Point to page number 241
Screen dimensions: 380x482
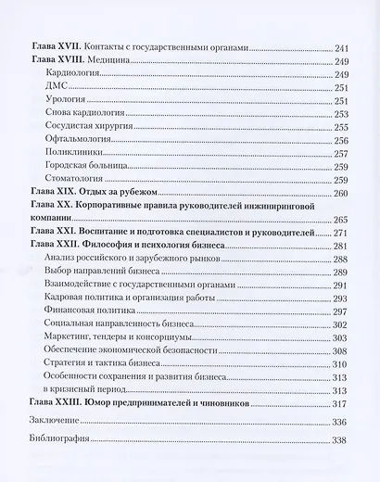coord(342,46)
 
